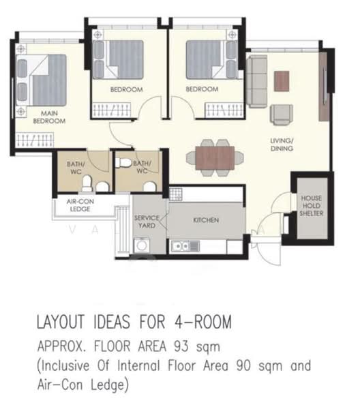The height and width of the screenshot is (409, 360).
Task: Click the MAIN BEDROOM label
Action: click(x=49, y=117)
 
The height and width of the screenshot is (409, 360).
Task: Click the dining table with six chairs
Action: click(x=214, y=156)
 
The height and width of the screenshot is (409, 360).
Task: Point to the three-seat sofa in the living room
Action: click(x=257, y=82)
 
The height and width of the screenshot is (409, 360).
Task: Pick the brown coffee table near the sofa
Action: click(x=282, y=81)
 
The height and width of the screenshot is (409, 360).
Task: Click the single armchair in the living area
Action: click(x=282, y=114)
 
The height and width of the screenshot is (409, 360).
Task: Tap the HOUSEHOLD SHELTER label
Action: click(x=312, y=206)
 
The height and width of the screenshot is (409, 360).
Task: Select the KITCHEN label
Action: click(x=205, y=220)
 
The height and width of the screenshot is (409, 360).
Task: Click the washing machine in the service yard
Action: click(x=143, y=246)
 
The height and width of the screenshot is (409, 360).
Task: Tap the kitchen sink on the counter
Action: click(x=183, y=245)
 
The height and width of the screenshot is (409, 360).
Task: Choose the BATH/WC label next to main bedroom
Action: click(x=74, y=167)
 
